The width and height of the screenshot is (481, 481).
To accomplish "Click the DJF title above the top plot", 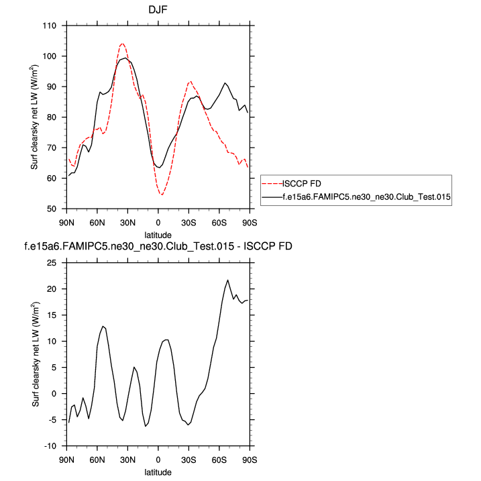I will tap(158, 10).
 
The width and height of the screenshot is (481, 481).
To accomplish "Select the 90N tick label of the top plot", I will tap(66, 221).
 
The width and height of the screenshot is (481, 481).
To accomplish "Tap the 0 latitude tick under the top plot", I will tap(158, 221).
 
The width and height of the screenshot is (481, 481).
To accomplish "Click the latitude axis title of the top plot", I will tap(158, 235).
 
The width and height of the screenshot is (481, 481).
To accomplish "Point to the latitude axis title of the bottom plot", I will tap(158, 472).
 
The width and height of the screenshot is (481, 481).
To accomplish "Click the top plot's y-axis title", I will tap(34, 117).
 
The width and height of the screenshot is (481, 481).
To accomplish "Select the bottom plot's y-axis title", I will tap(34, 354).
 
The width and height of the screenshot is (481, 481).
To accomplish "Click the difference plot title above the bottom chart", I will tap(158, 247).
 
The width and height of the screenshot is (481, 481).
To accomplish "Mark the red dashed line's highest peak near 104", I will tap(122, 44).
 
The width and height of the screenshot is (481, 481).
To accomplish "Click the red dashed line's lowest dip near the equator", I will tap(162, 195).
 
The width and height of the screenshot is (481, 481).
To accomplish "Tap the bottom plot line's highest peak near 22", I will tap(228, 280).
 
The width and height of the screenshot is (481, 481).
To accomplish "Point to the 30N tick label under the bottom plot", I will tap(127, 460).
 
